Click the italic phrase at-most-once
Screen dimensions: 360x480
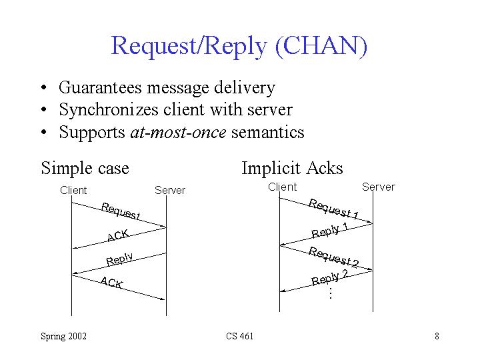[x=177, y=132]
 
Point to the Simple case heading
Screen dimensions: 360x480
[x=85, y=167]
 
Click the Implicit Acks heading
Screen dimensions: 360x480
[x=292, y=167]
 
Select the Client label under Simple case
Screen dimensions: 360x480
[x=73, y=190]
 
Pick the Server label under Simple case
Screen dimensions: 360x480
[x=170, y=190]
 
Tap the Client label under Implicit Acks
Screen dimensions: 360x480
[x=282, y=187]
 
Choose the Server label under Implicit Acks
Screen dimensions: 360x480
[x=378, y=187]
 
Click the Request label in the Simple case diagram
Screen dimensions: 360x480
[x=121, y=210]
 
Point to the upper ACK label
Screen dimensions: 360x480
[x=117, y=235]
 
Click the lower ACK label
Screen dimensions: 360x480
[x=111, y=283]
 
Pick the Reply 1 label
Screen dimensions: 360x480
[x=331, y=230]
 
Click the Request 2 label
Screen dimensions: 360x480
[x=334, y=257]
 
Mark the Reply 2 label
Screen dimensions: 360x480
[x=331, y=277]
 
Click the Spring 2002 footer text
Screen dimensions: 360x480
[x=63, y=336]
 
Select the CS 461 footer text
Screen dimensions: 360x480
[x=240, y=336]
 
